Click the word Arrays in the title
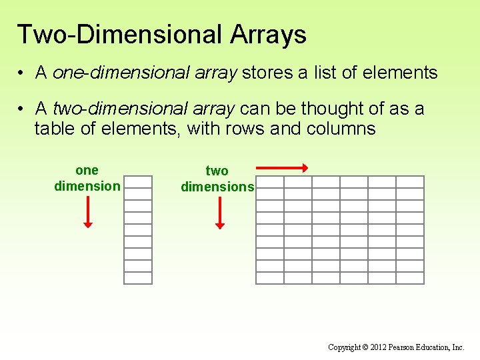point(268,35)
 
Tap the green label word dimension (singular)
point(87,186)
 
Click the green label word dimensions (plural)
point(217,187)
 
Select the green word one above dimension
point(87,171)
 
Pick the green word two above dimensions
point(217,171)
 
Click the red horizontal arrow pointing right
point(281,168)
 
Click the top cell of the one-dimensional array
point(138,181)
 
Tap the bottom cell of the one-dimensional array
point(138,278)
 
